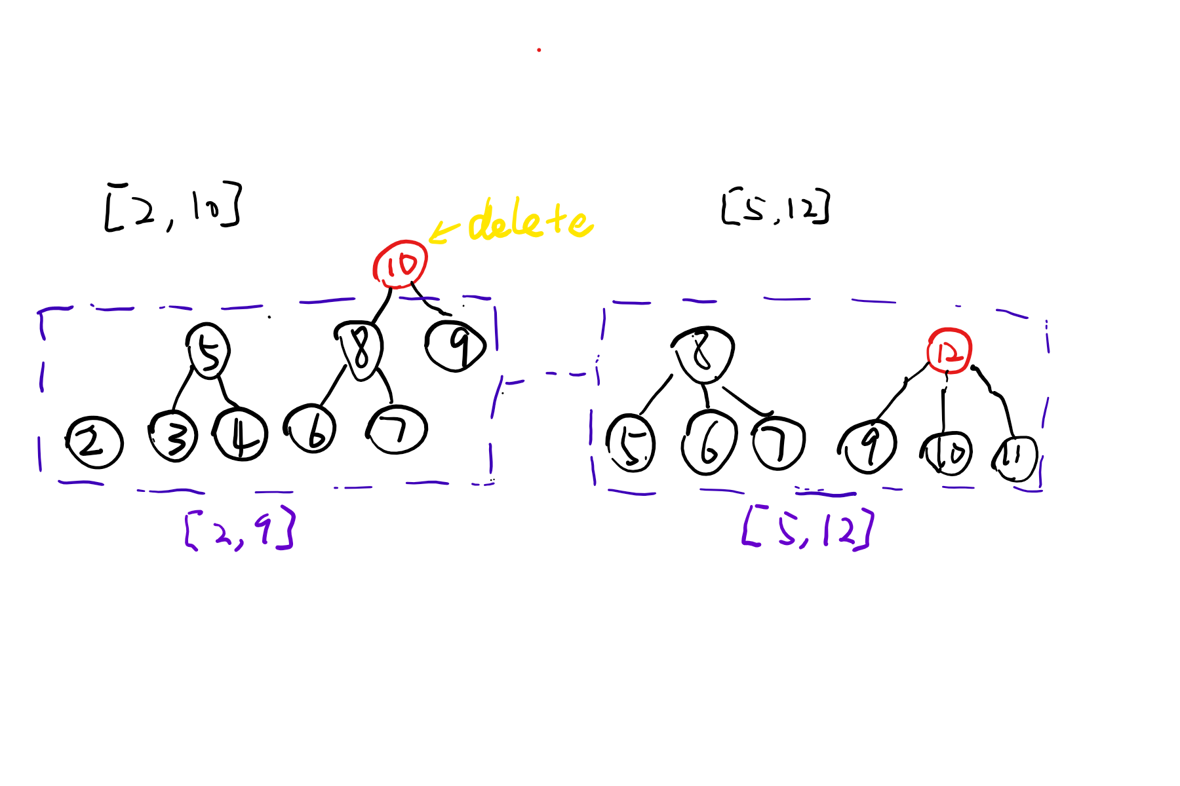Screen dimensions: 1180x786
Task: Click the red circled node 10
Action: pos(400,265)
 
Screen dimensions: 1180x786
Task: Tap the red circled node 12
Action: pos(949,352)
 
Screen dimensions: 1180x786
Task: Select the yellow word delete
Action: pos(530,220)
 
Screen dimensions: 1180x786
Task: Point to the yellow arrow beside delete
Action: pos(444,231)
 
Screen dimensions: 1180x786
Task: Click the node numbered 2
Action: pos(94,443)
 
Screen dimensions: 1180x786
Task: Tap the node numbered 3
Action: pos(174,437)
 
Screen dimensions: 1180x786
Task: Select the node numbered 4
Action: pos(241,435)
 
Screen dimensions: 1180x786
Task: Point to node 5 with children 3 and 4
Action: pos(208,351)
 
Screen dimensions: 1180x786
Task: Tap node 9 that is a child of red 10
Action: pos(456,346)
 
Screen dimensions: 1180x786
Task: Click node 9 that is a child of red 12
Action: pos(869,447)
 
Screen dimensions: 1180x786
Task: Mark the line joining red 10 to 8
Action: pos(383,307)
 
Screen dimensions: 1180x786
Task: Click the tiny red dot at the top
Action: pos(539,50)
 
